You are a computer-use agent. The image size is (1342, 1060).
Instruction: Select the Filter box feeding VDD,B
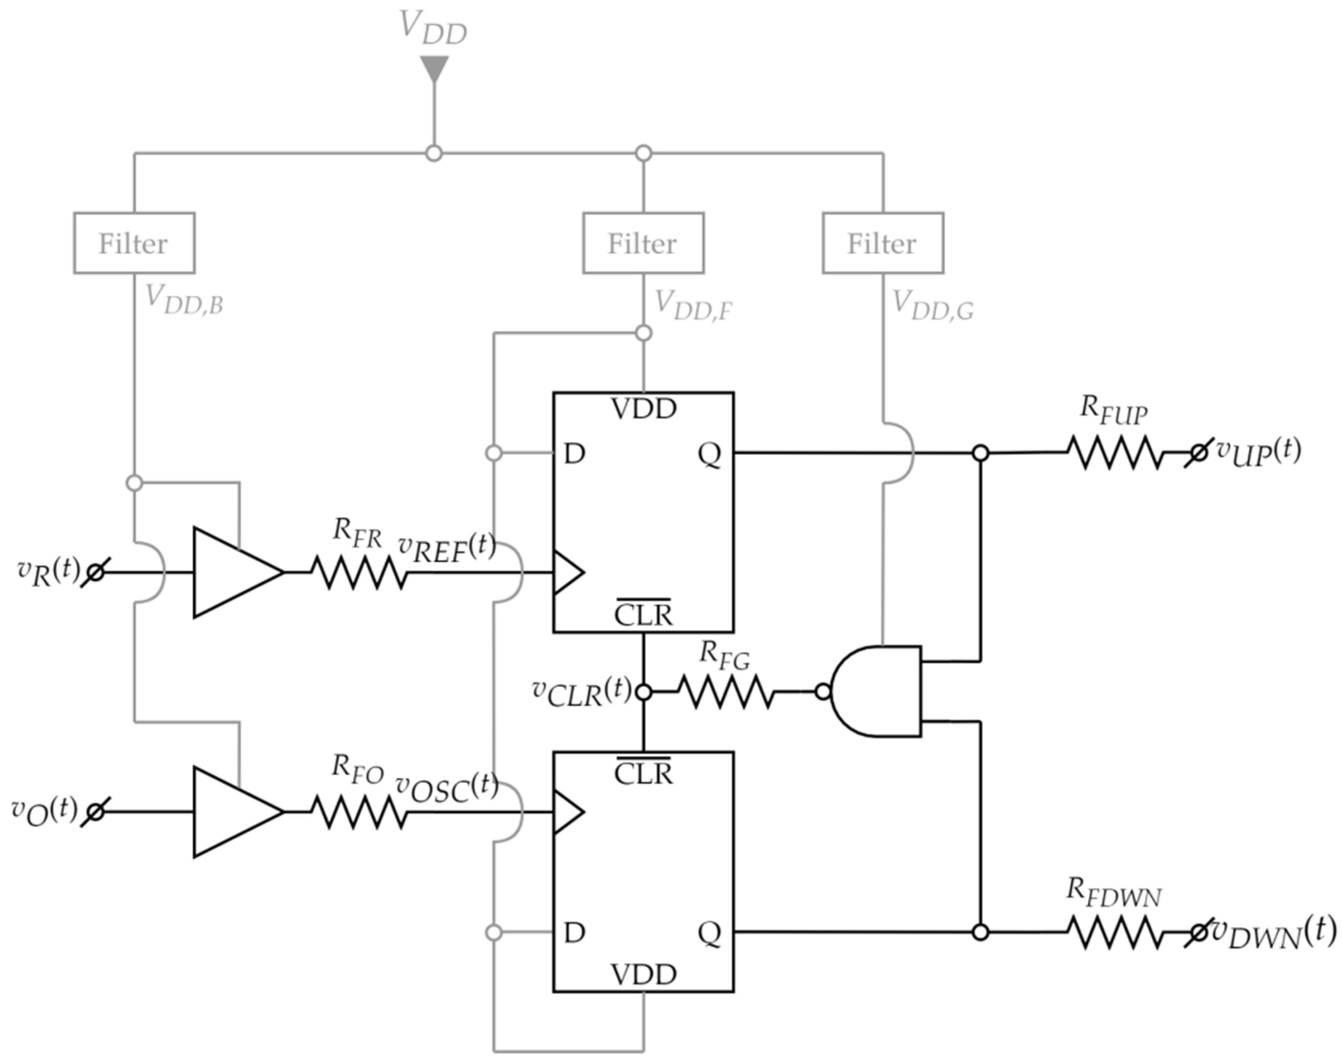coord(134,242)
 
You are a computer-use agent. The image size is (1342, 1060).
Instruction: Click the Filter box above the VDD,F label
coord(643,242)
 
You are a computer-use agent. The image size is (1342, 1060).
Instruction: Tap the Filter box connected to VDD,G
coord(883,242)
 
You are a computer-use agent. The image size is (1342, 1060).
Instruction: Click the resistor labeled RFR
coord(359,572)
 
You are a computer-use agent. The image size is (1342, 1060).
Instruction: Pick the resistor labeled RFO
coord(359,812)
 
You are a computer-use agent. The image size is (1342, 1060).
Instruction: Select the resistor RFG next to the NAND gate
coord(725,691)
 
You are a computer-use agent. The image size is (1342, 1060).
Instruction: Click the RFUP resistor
coord(1115,453)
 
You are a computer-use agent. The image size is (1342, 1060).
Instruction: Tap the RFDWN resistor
coord(1114,932)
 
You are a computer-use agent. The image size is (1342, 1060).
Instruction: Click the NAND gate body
coord(881,691)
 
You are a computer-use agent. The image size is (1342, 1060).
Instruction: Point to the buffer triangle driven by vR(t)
coord(236,572)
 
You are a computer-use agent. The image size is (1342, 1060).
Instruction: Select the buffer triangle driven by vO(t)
coord(236,812)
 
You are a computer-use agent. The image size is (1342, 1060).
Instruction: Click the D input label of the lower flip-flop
coord(574,932)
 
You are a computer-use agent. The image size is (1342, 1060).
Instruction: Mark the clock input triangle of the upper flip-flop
coord(567,572)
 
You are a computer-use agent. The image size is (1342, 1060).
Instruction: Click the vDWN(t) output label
coord(1273,932)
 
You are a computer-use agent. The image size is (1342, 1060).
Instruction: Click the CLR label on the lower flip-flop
coord(643,773)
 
